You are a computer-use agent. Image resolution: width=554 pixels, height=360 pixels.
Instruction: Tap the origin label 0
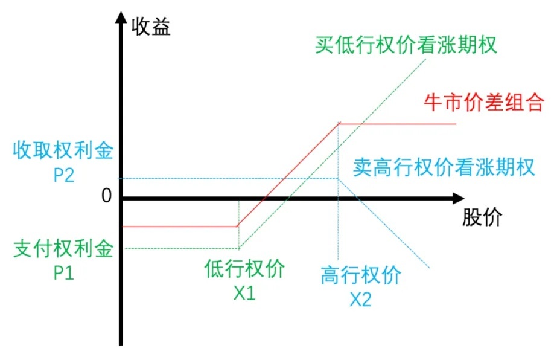click(x=107, y=197)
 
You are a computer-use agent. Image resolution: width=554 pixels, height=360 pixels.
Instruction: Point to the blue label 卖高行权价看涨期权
click(x=444, y=167)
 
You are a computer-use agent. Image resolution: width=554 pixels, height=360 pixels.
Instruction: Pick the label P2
click(x=63, y=175)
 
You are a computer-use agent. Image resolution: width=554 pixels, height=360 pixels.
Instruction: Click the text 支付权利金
click(x=63, y=249)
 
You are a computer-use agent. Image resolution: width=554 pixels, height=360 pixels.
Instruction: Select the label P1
click(x=63, y=273)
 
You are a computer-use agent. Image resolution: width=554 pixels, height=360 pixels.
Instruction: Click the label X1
click(x=244, y=293)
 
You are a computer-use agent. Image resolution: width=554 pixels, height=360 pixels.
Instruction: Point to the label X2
click(x=361, y=300)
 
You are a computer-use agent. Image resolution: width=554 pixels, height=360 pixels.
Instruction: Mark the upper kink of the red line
click(x=340, y=124)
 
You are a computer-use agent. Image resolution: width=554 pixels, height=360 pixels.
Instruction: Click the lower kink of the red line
click(x=237, y=227)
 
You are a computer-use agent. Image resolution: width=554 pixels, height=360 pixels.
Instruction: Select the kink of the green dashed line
click(x=239, y=248)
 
